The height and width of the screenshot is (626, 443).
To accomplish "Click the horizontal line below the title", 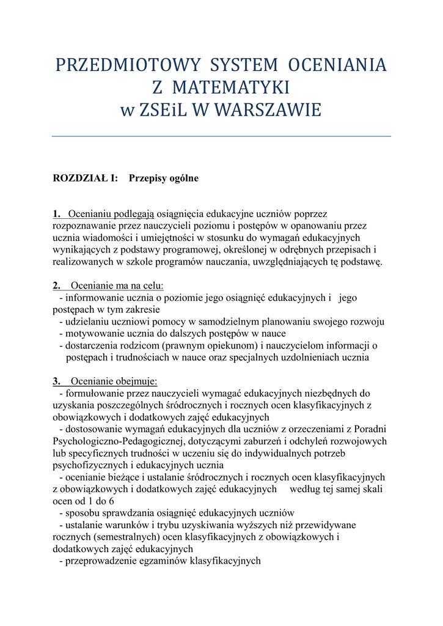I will (x=221, y=136).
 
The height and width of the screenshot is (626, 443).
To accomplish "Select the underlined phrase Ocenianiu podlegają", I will (x=112, y=214).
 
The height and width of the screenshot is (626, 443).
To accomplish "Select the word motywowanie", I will (x=93, y=334).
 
